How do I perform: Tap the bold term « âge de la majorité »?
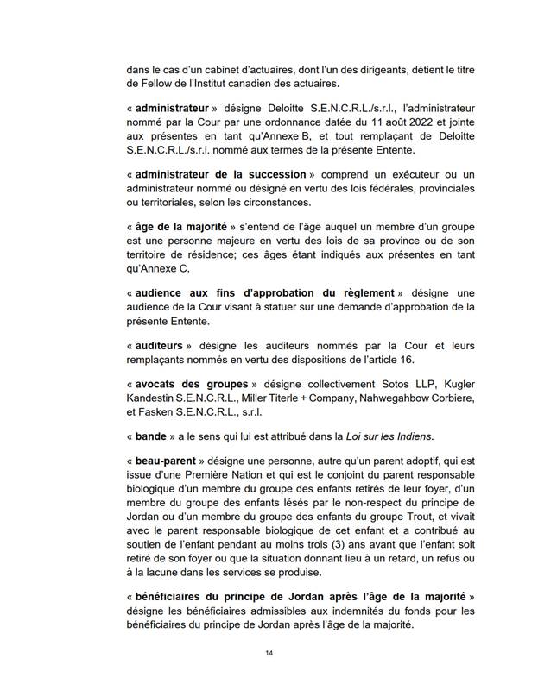pyautogui.click(x=182, y=227)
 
